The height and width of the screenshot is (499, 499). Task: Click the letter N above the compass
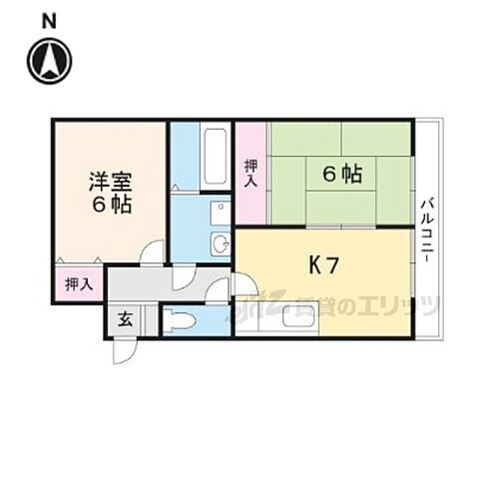[49, 19]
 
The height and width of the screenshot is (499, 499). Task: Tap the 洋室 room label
[109, 183]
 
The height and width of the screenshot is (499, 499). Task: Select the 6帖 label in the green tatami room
[341, 174]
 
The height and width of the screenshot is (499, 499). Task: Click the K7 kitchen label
[324, 266]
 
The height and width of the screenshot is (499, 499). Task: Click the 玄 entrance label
[126, 320]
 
